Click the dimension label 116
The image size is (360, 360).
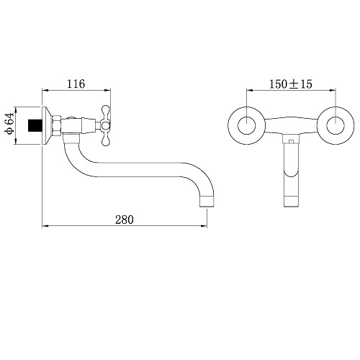76,84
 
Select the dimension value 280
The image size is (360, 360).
125,220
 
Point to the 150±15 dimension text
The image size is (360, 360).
291,84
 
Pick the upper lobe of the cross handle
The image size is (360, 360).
106,113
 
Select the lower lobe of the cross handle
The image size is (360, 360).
106,138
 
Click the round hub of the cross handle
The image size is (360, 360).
105,125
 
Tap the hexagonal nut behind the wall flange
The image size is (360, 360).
57,125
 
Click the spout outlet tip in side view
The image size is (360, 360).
207,201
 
